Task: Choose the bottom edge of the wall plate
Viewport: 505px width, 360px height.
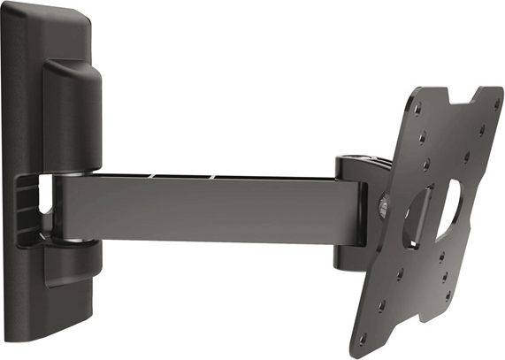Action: [53, 341]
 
